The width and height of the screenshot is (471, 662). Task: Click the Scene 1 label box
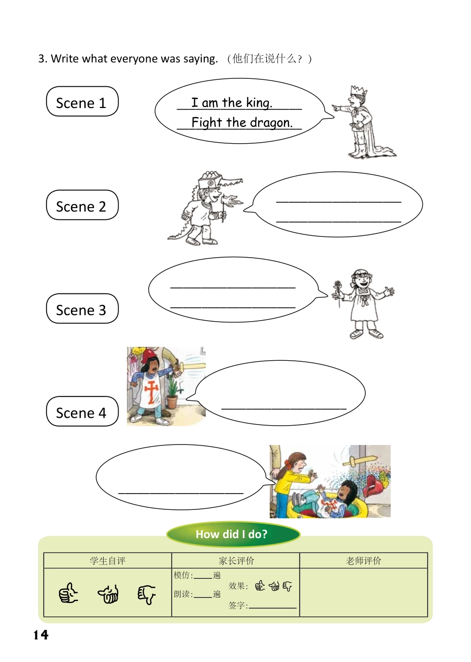[x=82, y=102]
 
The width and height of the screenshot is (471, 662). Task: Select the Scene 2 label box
[x=82, y=205]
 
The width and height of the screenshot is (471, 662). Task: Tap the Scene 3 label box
[x=82, y=309]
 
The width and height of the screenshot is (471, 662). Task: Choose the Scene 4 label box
[x=82, y=412]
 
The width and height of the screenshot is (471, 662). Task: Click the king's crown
[x=358, y=92]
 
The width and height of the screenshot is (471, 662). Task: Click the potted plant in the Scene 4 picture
[x=172, y=391]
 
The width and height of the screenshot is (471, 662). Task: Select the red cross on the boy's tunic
[x=152, y=391]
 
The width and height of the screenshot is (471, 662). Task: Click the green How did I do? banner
[x=233, y=534]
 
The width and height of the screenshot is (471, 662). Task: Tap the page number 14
[x=41, y=635]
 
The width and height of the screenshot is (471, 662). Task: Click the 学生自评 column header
[x=108, y=560]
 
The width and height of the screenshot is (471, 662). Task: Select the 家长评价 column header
[x=236, y=560]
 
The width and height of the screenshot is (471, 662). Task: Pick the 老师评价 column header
[x=363, y=560]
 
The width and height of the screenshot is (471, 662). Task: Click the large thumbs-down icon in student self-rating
[x=146, y=594]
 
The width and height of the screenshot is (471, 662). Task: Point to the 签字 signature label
[x=237, y=605]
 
